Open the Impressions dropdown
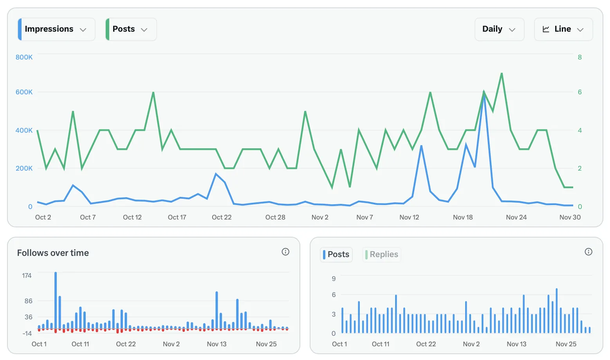(56, 29)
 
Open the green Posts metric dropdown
(131, 29)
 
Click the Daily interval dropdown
(499, 29)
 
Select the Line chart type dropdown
(563, 29)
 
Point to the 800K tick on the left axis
(24, 57)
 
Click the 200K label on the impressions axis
(24, 168)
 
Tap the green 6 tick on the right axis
(579, 92)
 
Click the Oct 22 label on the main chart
(222, 217)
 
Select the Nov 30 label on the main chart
(570, 217)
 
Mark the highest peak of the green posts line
(502, 74)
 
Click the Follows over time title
(53, 253)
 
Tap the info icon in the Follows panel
(285, 252)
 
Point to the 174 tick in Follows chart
(27, 275)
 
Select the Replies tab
(382, 254)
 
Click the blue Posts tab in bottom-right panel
(336, 254)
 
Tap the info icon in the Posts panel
(588, 252)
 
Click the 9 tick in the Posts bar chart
(334, 279)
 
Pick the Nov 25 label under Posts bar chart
(566, 344)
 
